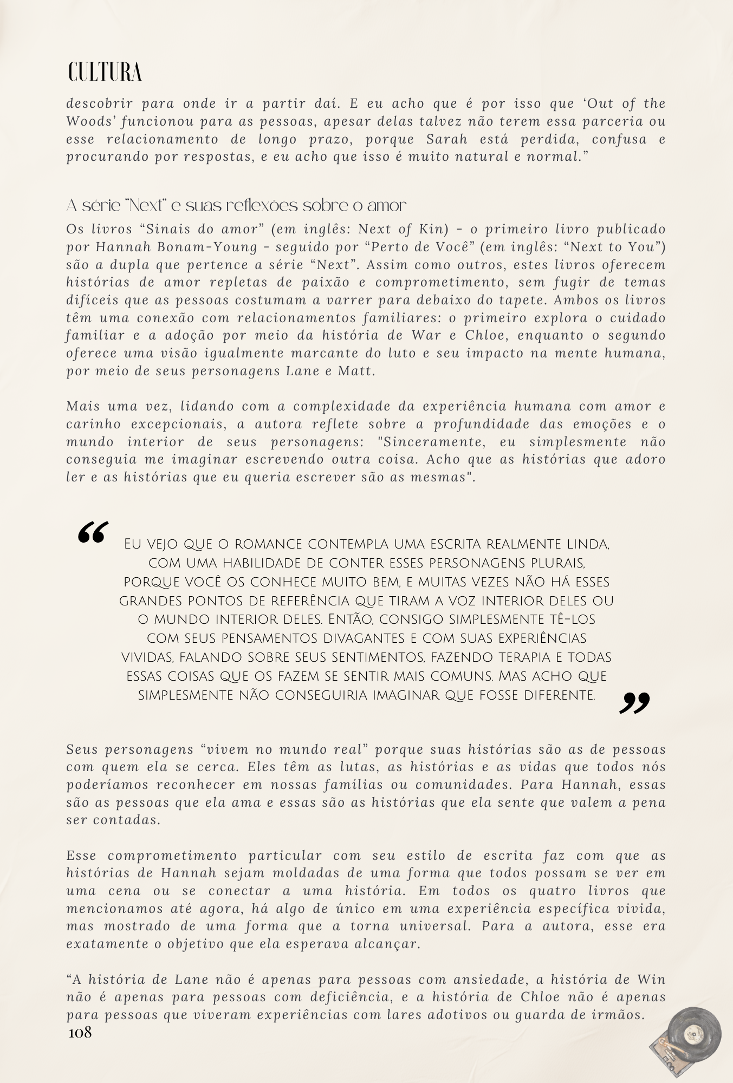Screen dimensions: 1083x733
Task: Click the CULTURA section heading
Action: pyautogui.click(x=105, y=73)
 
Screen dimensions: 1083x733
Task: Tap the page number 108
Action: pyautogui.click(x=80, y=1033)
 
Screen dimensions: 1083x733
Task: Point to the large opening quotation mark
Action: pyautogui.click(x=93, y=532)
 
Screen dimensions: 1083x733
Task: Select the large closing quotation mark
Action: pyautogui.click(x=634, y=703)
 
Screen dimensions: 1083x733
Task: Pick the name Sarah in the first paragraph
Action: pyautogui.click(x=447, y=139)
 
